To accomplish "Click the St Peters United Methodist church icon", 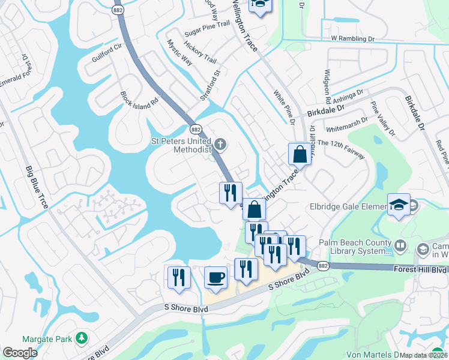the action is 221,143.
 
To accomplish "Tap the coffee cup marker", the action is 216,278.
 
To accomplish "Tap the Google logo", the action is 19,353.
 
